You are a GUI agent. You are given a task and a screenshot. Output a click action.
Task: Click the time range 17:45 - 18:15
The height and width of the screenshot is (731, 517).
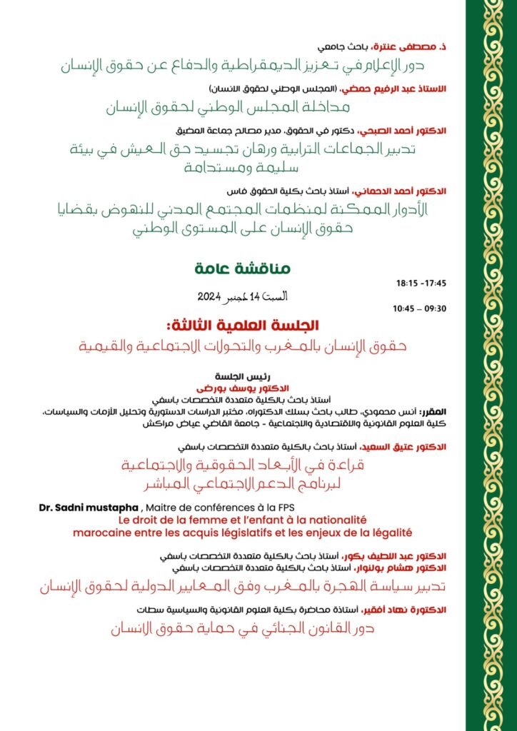tap(421, 283)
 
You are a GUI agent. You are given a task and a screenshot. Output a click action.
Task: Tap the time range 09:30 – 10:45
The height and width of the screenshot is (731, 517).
tap(420, 308)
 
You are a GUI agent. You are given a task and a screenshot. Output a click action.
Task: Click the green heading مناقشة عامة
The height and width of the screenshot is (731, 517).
tap(243, 269)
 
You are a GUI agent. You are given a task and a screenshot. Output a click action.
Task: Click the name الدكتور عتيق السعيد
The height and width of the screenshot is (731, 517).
tap(406, 446)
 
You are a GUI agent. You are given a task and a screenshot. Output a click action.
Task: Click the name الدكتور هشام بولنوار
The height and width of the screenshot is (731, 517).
tap(403, 568)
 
